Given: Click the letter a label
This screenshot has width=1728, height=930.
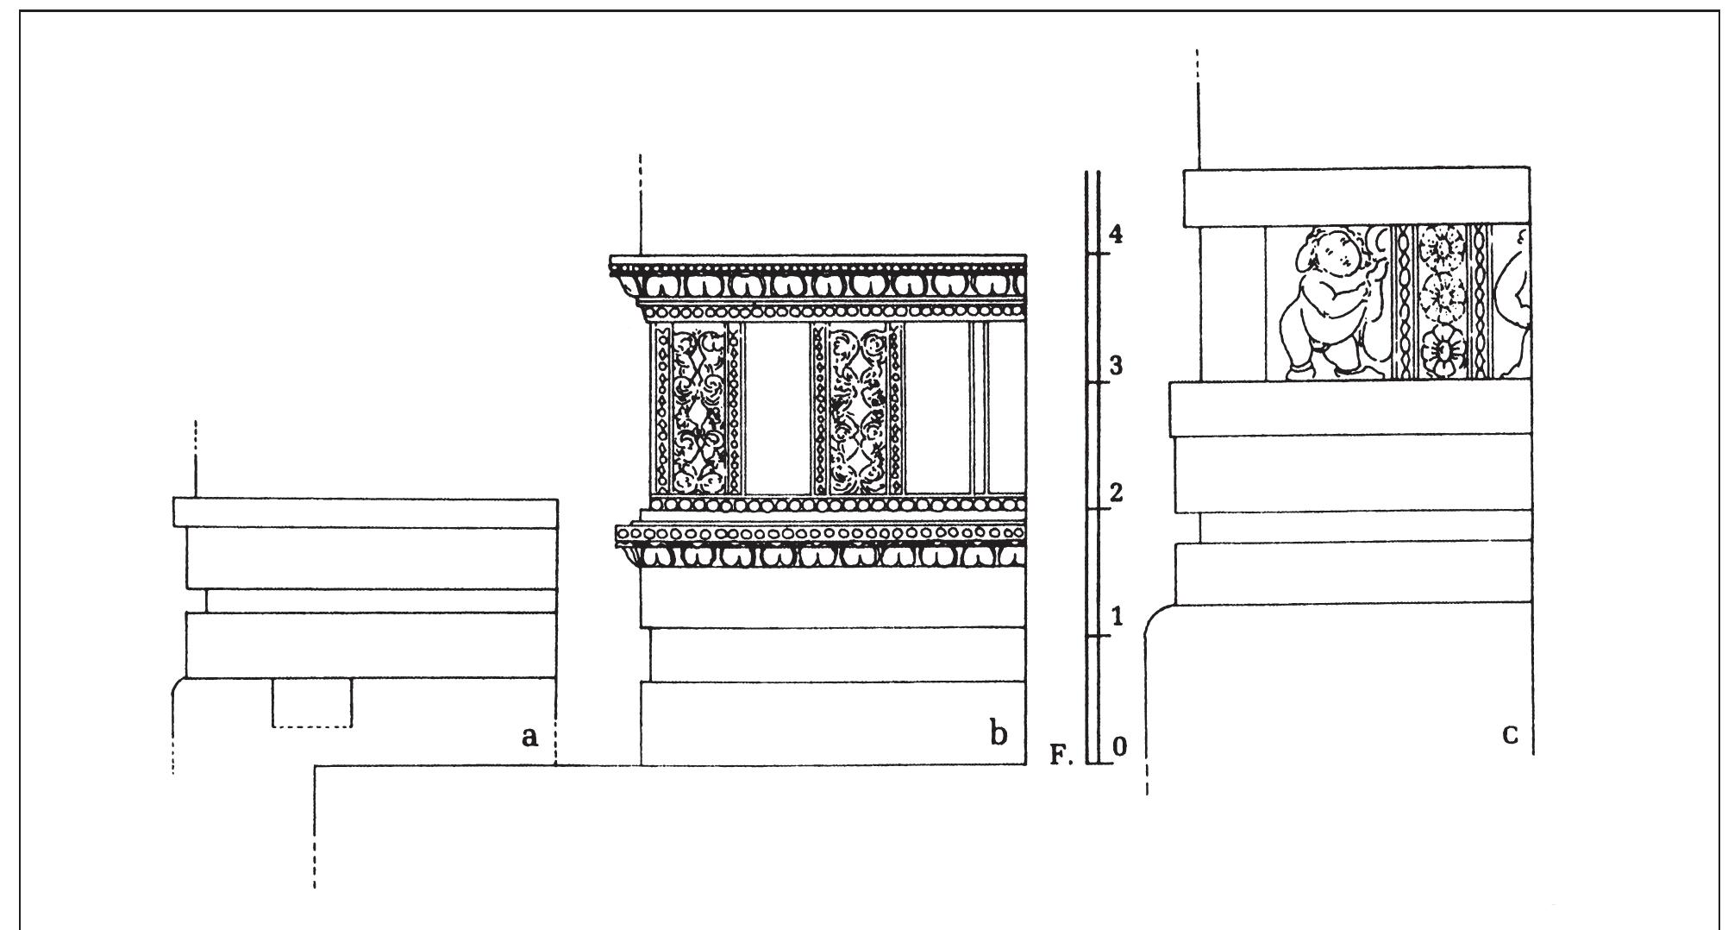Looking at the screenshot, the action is (529, 736).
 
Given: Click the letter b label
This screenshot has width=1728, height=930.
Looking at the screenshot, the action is (999, 734).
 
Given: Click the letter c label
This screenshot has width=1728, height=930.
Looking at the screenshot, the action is (1510, 734).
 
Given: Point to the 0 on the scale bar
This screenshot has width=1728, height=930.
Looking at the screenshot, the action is (1119, 747).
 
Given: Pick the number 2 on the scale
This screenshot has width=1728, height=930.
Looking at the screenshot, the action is (1117, 493).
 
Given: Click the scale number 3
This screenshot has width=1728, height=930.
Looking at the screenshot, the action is (1117, 366).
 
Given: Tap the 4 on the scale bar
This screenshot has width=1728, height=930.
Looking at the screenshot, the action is (1117, 234).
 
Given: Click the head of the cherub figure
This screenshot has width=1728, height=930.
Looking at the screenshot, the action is (1329, 250).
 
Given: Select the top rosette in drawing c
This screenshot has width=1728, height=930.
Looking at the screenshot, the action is (1441, 247).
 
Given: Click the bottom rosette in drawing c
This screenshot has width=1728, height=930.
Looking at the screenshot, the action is (1441, 349).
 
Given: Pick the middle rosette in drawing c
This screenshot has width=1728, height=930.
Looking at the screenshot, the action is (1441, 298).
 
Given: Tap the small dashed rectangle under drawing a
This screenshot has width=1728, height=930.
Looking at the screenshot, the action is (312, 702).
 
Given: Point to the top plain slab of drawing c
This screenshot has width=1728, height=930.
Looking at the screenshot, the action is (1356, 197).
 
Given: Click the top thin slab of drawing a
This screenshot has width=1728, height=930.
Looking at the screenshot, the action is (366, 512).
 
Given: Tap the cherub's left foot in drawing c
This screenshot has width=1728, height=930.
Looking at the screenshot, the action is (1298, 372).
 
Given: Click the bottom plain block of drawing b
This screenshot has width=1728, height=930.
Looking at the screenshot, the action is (833, 723).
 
